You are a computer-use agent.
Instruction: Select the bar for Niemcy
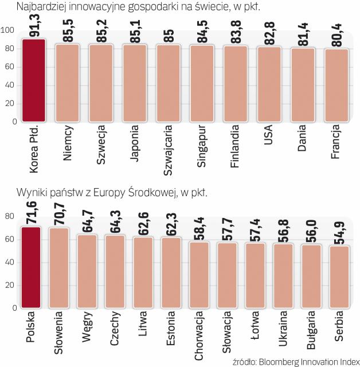click(66, 83)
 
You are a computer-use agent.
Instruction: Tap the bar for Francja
click(336, 85)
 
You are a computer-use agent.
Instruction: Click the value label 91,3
click(34, 26)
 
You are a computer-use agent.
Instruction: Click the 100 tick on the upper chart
click(10, 30)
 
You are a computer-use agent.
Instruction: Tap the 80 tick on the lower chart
click(10, 216)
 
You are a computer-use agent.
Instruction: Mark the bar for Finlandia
click(235, 84)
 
